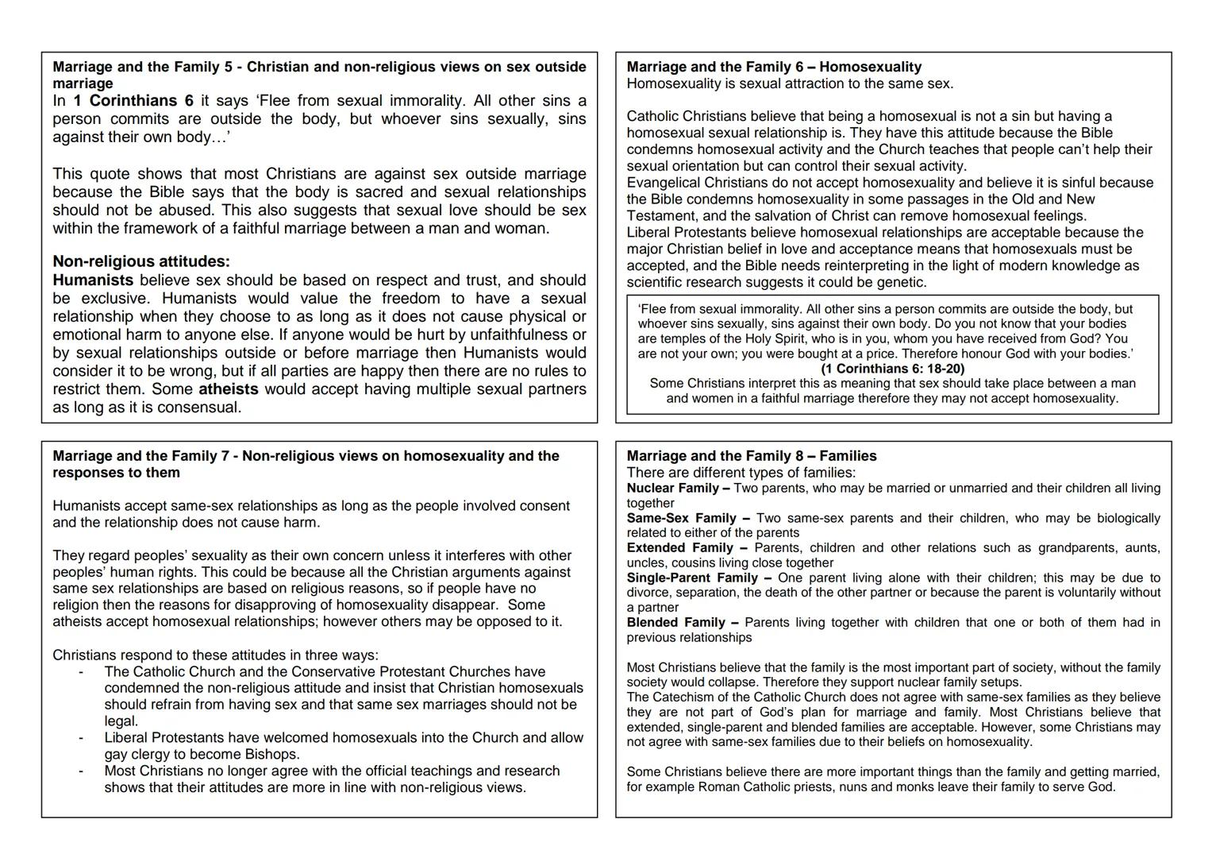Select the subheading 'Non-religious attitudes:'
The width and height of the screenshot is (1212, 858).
coord(141,261)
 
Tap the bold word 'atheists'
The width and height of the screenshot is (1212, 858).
coord(229,389)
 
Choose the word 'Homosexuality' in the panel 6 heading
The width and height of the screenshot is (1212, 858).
coord(870,68)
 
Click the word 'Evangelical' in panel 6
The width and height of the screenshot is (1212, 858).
coord(663,183)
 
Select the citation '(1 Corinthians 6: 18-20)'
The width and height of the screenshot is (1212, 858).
coord(892,369)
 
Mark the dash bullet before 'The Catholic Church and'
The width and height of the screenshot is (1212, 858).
coord(81,672)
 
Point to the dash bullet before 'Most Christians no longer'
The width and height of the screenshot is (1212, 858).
coord(81,771)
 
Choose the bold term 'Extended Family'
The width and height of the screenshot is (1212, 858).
coord(679,548)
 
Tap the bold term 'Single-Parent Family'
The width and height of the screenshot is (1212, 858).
coord(691,578)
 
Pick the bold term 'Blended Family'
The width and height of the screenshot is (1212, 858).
coord(675,623)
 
